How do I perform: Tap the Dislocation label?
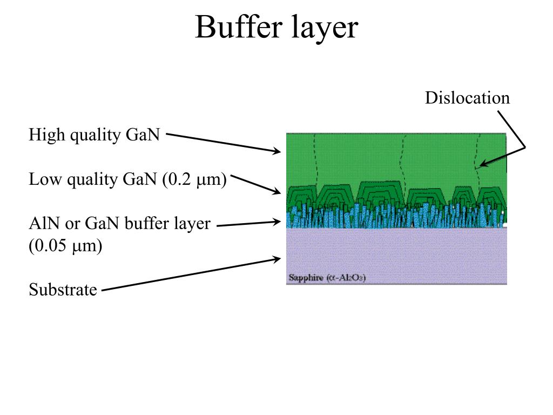(467, 98)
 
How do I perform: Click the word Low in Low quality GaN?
(43, 179)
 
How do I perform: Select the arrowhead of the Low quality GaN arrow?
(279, 192)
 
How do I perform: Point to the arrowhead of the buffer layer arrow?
(279, 220)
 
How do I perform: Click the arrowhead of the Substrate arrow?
(279, 259)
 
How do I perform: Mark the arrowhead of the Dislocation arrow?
(482, 164)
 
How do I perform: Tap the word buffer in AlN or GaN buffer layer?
(146, 223)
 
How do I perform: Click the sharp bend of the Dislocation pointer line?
(525, 147)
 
